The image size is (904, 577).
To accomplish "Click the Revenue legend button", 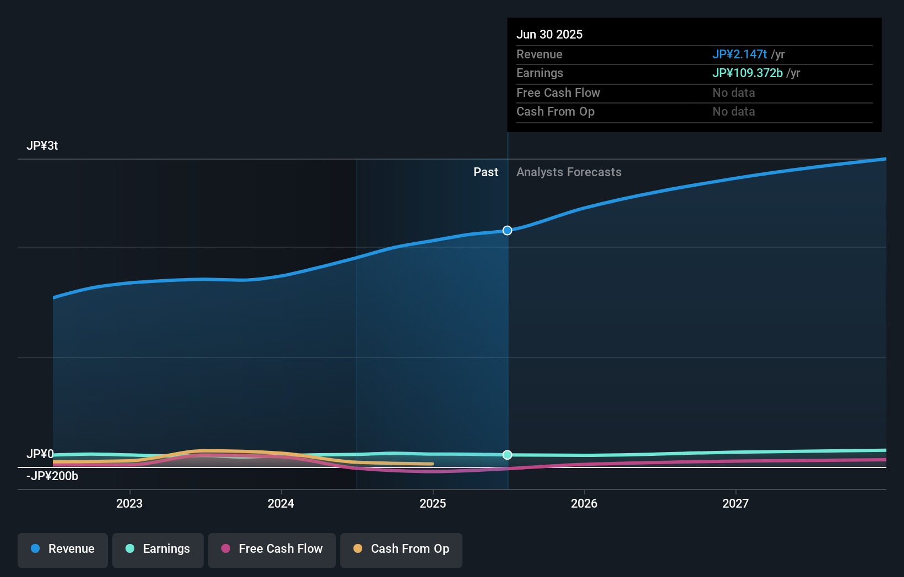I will pyautogui.click(x=63, y=549).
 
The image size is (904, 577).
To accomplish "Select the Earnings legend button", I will pyautogui.click(x=158, y=549).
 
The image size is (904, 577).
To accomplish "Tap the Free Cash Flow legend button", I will pyautogui.click(x=272, y=549).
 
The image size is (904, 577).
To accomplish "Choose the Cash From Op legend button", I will pyautogui.click(x=401, y=549).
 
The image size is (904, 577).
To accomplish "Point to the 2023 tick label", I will pyautogui.click(x=129, y=503).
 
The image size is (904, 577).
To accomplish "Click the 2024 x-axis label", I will pyautogui.click(x=281, y=503).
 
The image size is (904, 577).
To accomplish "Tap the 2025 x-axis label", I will pyautogui.click(x=433, y=503).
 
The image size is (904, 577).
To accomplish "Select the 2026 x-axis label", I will pyautogui.click(x=584, y=503).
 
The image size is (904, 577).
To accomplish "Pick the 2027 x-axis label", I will pyautogui.click(x=736, y=503).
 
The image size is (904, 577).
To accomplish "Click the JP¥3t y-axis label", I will pyautogui.click(x=42, y=146).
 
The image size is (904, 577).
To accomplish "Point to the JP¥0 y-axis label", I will pyautogui.click(x=40, y=454).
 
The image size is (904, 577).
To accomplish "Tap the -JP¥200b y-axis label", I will pyautogui.click(x=52, y=476).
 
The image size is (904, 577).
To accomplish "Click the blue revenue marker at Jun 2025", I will pyautogui.click(x=508, y=230).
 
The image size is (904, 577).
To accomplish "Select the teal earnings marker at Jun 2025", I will pyautogui.click(x=508, y=455).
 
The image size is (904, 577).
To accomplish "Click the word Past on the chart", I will pyautogui.click(x=486, y=172).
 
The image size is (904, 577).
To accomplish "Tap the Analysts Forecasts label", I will pyautogui.click(x=569, y=172).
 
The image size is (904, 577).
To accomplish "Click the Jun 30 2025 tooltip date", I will pyautogui.click(x=549, y=34).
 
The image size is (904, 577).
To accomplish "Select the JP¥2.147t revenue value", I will pyautogui.click(x=739, y=54).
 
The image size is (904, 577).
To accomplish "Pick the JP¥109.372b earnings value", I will pyautogui.click(x=747, y=73).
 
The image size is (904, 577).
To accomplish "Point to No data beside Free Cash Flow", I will pyautogui.click(x=733, y=92).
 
